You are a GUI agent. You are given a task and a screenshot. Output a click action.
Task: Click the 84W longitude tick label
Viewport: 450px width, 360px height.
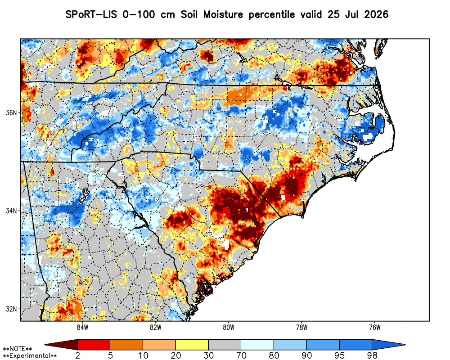82,327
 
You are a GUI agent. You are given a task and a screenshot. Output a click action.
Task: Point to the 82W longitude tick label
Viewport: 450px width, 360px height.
155,327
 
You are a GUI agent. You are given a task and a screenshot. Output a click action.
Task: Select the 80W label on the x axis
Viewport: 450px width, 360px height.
229,327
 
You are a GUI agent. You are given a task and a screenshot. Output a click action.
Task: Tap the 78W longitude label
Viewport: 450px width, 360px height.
301,327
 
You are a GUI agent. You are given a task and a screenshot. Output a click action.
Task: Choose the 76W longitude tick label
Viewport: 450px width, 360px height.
375,327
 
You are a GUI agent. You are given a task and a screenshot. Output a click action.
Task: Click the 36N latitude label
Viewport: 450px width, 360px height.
12,112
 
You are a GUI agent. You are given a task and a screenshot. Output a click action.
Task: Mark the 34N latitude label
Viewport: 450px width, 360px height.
12,211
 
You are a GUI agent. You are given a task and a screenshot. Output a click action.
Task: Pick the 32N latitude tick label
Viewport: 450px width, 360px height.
12,309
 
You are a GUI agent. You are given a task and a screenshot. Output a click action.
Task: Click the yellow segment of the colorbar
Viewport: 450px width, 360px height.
192,344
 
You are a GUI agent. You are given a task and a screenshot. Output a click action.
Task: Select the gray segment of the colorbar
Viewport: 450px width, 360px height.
225,344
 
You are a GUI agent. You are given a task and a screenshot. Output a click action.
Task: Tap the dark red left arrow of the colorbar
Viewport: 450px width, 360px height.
61,344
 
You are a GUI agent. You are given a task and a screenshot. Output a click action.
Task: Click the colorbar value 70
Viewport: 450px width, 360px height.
241,355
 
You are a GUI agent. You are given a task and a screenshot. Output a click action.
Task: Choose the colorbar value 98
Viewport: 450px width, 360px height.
372,355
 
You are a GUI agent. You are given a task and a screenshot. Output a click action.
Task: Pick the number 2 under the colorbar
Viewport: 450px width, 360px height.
77,355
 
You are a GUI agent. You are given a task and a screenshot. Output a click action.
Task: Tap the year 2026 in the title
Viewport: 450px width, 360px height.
376,14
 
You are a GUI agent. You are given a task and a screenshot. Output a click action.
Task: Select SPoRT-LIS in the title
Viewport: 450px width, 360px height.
91,14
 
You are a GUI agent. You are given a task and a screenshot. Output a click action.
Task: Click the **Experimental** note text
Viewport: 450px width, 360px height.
30,356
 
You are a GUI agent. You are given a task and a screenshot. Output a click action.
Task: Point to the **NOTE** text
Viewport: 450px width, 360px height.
17,349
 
